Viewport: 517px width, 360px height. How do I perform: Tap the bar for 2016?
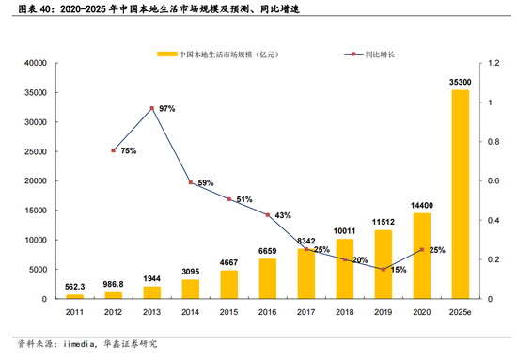(x=267, y=278)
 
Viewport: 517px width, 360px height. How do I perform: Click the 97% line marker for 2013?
(x=151, y=109)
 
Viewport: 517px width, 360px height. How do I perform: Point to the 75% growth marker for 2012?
(x=114, y=150)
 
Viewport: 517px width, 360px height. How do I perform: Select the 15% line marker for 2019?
(x=383, y=270)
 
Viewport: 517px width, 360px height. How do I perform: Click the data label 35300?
(x=460, y=84)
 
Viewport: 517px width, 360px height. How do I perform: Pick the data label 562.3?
(x=74, y=288)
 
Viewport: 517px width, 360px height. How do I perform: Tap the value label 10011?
(x=344, y=230)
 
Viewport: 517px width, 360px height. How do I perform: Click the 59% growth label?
(x=206, y=183)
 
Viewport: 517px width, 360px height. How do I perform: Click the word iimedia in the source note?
(x=75, y=344)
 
